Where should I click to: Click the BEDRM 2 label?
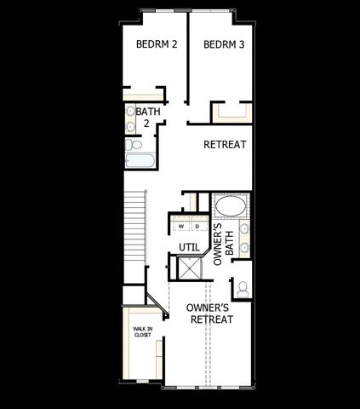pos(156,44)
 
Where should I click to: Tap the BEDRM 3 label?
pos(225,44)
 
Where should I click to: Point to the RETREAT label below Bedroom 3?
pos(225,145)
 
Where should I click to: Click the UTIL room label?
pos(188,247)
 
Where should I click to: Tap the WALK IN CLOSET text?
pos(141,331)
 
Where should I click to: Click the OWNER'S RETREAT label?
pos(211,313)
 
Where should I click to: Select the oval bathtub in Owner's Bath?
pos(230,206)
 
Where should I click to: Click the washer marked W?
pos(180,227)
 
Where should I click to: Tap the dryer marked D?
pos(196,227)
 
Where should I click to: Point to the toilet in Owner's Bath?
pos(243,288)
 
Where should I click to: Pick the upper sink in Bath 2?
pos(131,112)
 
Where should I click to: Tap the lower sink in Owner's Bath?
pos(244,247)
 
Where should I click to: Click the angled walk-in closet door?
pos(154,302)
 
